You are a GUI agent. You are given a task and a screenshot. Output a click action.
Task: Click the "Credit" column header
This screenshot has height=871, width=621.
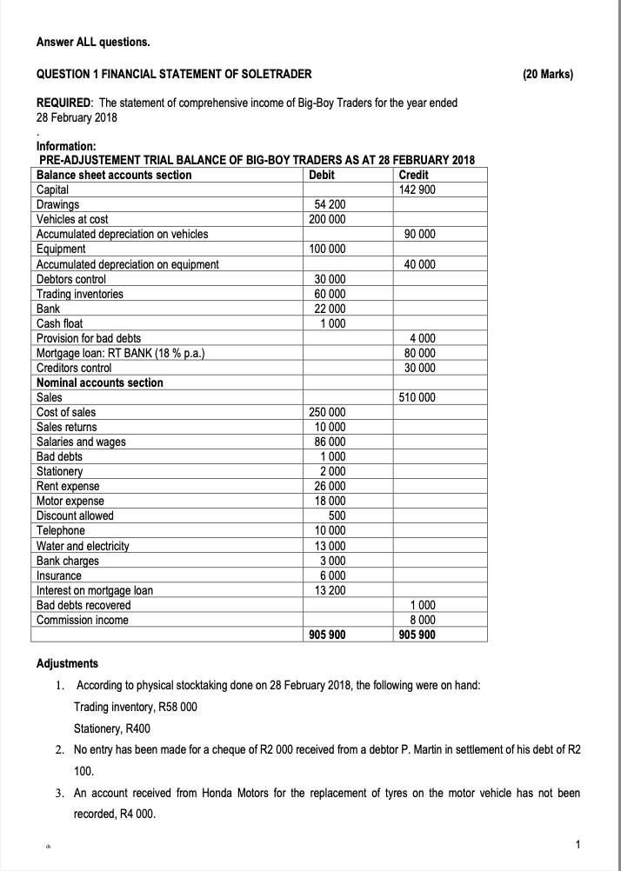coord(412,176)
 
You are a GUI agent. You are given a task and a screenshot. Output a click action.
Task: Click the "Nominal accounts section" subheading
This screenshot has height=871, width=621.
coord(99,382)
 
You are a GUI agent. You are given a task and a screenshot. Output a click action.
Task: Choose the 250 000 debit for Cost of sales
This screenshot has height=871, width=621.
coord(327,412)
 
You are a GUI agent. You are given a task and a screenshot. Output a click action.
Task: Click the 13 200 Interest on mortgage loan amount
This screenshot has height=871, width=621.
coord(329,590)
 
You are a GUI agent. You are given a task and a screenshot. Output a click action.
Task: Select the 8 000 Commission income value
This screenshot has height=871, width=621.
coord(421,620)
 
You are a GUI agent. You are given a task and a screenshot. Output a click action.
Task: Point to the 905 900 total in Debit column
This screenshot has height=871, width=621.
coord(327,635)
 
